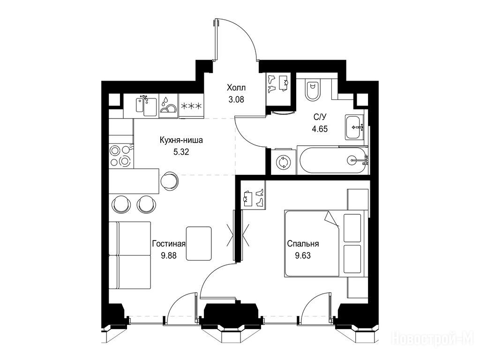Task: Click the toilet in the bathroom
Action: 313,90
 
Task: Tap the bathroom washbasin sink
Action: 355,127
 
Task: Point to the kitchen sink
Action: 146,105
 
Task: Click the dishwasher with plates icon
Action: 168,106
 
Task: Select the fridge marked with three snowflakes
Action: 191,106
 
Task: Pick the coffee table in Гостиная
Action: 199,244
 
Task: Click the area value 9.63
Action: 303,255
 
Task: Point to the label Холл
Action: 236,88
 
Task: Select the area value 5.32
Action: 181,152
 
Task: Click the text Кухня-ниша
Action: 181,141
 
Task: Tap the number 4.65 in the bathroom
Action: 320,129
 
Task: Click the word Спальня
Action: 303,244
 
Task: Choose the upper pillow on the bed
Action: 352,228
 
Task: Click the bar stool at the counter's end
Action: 169,180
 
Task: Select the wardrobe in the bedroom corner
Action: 253,195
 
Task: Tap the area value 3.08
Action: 236,99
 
